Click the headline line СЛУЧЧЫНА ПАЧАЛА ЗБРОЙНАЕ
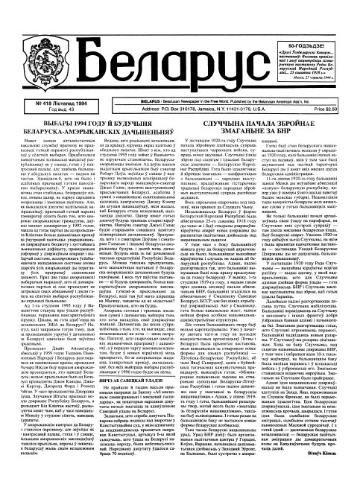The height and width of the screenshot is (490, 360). pos(269,120)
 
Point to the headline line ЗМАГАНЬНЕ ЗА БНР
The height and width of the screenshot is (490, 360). pos(269,128)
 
